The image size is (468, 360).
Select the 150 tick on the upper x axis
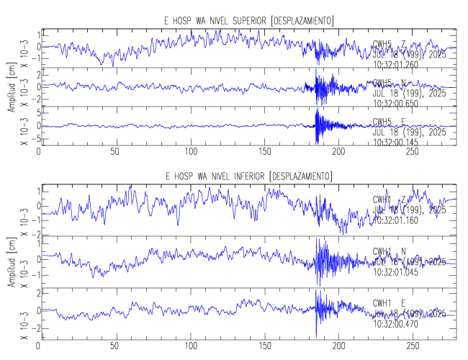click(266, 152)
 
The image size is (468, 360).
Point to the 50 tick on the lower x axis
click(115, 345)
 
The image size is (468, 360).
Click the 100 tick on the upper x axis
click(190, 152)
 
